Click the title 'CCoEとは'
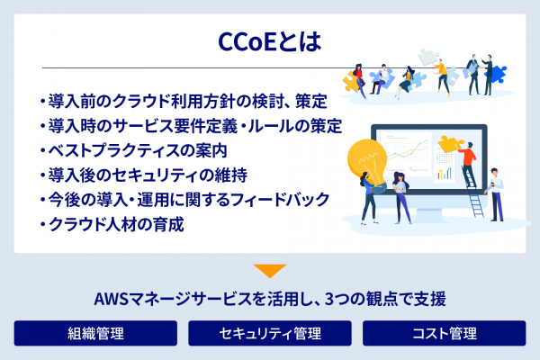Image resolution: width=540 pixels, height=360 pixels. [269, 42]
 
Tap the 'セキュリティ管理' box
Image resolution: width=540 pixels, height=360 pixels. [269, 334]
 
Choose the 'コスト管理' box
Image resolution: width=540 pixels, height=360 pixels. [444, 334]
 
